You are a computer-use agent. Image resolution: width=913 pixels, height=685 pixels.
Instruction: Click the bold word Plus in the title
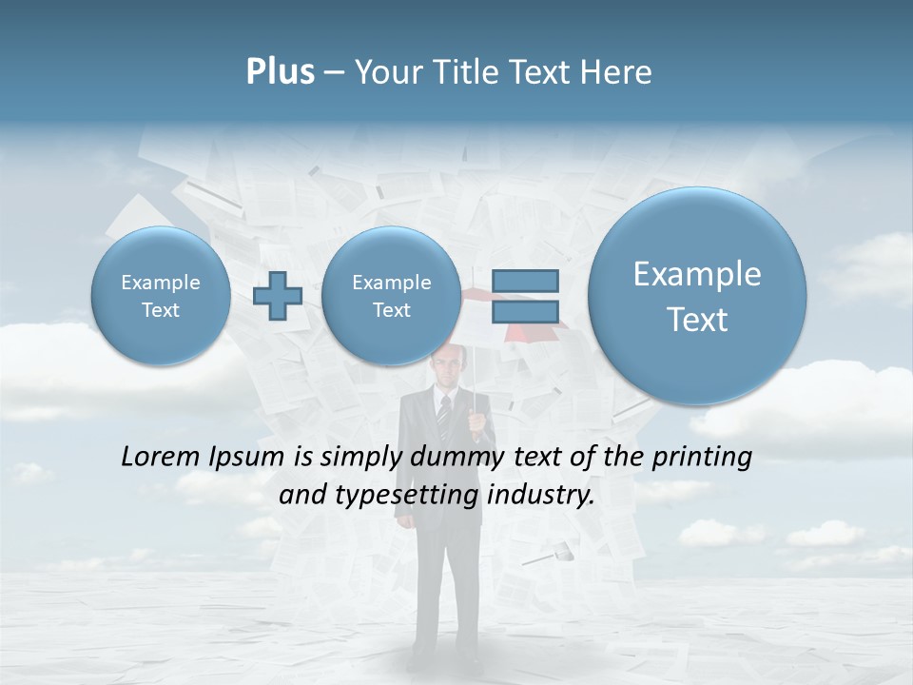pyautogui.click(x=280, y=72)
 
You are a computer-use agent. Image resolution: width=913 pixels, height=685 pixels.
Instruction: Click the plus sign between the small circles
pyautogui.click(x=278, y=295)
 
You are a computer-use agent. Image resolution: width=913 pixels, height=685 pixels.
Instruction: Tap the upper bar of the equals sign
pyautogui.click(x=525, y=281)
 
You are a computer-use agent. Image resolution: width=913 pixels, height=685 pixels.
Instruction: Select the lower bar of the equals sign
pyautogui.click(x=525, y=311)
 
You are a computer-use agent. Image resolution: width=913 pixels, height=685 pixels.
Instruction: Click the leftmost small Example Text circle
pyautogui.click(x=161, y=296)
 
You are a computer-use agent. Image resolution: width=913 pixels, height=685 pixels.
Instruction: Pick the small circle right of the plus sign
pyautogui.click(x=391, y=296)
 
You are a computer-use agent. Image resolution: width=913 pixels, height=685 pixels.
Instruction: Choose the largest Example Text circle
pyautogui.click(x=697, y=296)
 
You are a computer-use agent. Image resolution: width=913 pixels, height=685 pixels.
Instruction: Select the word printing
pyautogui.click(x=701, y=457)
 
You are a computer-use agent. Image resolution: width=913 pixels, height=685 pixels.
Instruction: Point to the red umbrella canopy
pyautogui.click(x=533, y=329)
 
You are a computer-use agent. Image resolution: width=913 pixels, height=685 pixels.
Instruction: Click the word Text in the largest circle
pyautogui.click(x=697, y=320)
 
